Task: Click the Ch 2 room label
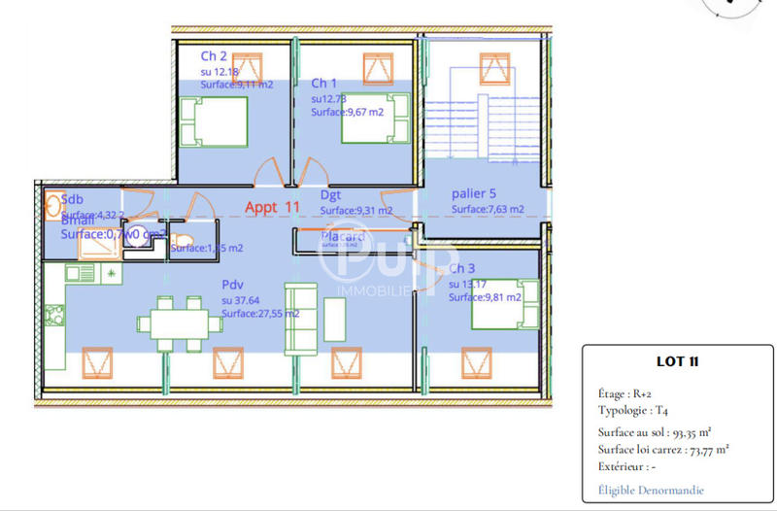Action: click(214, 56)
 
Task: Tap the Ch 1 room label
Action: click(323, 84)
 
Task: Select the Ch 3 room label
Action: click(461, 268)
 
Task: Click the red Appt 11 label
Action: click(272, 207)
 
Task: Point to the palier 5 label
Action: click(473, 193)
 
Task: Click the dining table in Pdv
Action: click(177, 322)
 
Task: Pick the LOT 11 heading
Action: click(678, 362)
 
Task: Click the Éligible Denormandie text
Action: click(651, 490)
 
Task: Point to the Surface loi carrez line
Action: click(663, 449)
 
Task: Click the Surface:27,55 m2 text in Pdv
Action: click(260, 314)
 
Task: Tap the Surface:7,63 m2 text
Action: click(488, 209)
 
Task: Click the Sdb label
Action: click(73, 200)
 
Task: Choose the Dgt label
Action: click(330, 194)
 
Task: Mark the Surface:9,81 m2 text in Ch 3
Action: click(485, 297)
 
